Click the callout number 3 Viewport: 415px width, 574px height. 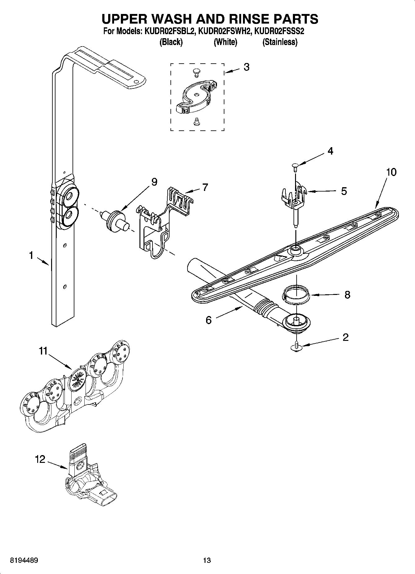coord(246,67)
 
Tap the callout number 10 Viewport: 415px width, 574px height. coord(391,172)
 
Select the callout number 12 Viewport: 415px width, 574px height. coord(40,459)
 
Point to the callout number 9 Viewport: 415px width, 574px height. coord(154,182)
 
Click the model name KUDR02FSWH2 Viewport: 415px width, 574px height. coord(224,31)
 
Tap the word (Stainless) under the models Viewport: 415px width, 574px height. coord(280,42)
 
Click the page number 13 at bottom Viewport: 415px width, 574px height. coord(207,560)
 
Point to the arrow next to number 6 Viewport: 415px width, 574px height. coord(229,312)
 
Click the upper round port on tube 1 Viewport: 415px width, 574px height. coord(69,197)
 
